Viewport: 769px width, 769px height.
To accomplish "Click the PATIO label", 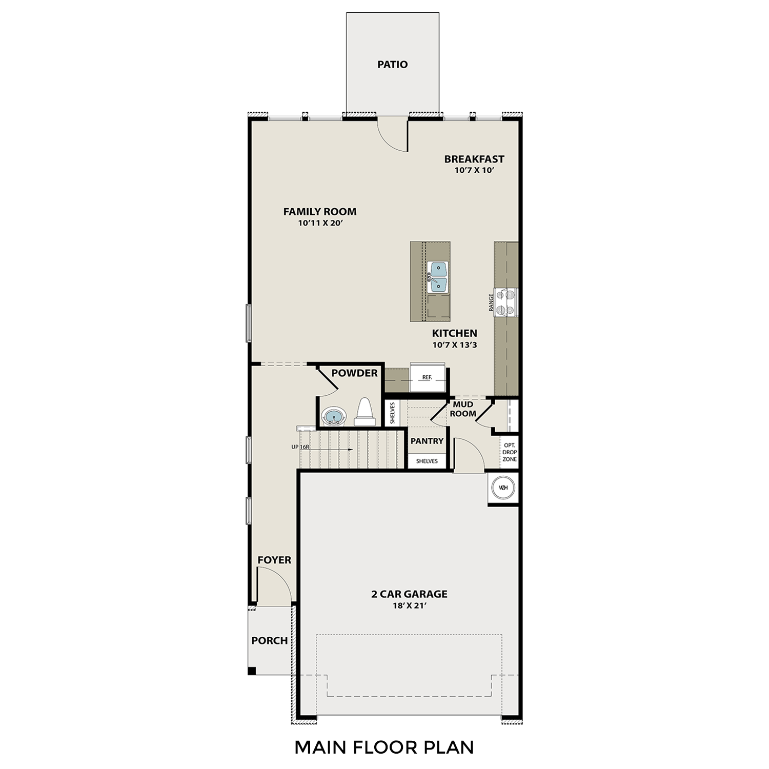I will click(x=392, y=65).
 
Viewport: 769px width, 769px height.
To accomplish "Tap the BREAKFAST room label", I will click(x=474, y=159).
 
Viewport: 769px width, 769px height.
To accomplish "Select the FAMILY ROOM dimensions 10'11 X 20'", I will click(x=320, y=223).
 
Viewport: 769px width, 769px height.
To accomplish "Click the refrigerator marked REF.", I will click(x=427, y=378).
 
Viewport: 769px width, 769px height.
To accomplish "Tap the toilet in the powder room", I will click(x=365, y=413).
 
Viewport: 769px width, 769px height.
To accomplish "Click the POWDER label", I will click(x=354, y=373).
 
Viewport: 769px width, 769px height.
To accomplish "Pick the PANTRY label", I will click(x=427, y=441).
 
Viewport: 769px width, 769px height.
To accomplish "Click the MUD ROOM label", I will click(x=463, y=409).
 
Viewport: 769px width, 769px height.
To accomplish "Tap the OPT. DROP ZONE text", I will click(x=510, y=452).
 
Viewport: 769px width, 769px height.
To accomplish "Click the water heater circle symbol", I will click(x=503, y=488).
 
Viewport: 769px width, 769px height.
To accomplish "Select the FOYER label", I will click(x=274, y=560).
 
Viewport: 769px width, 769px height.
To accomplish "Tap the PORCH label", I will click(x=269, y=641).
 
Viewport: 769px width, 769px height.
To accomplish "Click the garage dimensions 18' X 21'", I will click(x=409, y=605).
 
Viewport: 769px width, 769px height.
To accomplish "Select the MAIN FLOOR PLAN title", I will click(x=384, y=747).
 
